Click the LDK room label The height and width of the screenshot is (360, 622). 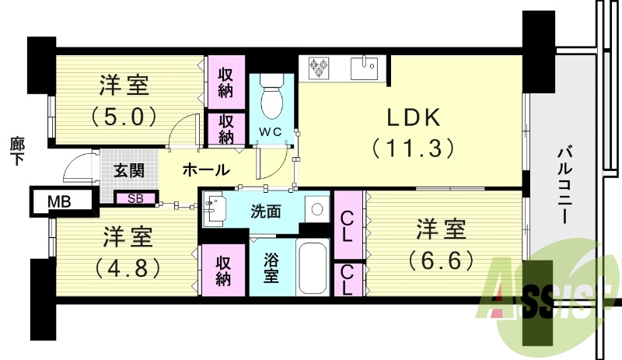[x=413, y=117]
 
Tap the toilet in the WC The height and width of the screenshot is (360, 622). [x=271, y=96]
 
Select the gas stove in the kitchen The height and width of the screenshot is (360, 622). [x=320, y=68]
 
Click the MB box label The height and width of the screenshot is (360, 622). [x=59, y=202]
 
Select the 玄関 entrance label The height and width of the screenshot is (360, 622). [x=128, y=170]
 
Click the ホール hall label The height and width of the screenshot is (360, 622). [x=206, y=170]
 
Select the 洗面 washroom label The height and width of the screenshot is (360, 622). [x=266, y=209]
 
